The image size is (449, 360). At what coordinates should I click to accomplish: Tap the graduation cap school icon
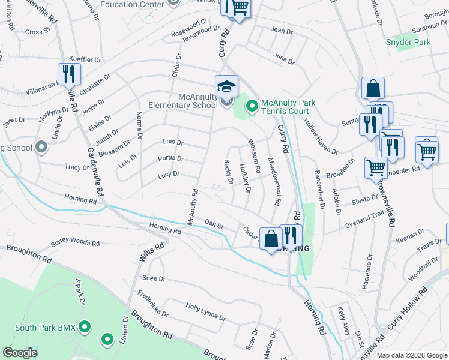(x=227, y=86)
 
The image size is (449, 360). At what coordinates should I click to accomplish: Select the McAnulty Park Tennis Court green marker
(x=252, y=107)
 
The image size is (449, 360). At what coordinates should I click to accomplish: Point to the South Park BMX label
(x=44, y=328)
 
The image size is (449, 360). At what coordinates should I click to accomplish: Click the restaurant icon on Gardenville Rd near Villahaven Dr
(x=68, y=74)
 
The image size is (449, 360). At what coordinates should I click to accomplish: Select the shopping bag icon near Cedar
(x=271, y=239)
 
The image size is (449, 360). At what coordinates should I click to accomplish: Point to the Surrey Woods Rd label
(x=75, y=242)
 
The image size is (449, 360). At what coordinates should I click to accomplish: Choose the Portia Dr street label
(x=170, y=158)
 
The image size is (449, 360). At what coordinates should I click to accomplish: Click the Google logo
(x=20, y=353)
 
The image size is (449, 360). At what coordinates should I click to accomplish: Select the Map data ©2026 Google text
(x=411, y=355)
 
